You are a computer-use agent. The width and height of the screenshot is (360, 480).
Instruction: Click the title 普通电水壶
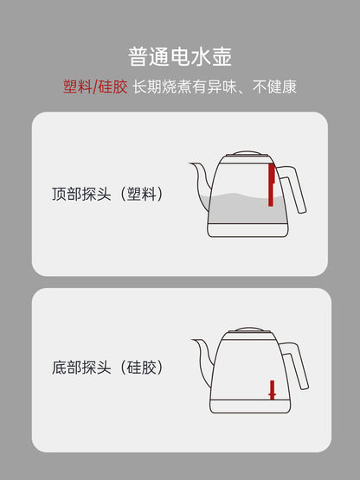pos(180,56)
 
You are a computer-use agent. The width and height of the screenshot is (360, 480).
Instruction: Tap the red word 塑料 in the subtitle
pos(78,86)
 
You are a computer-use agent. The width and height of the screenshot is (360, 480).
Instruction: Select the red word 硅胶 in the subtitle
pos(112,86)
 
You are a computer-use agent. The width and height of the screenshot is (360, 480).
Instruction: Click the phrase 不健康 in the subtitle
pos(274,86)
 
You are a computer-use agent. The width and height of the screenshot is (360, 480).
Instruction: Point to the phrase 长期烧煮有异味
pos(184,86)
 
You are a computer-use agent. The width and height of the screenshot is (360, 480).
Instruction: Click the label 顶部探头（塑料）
pos(107,194)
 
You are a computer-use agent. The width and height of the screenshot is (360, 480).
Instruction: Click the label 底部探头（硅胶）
pos(107,368)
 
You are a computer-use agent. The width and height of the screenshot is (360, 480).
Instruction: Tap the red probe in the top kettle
pos(271,185)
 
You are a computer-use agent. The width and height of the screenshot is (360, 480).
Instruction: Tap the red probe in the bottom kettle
pos(272,390)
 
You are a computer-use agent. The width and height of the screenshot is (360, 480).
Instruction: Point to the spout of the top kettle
pos(201,181)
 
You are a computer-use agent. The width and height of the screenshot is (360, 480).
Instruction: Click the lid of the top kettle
pos(247,153)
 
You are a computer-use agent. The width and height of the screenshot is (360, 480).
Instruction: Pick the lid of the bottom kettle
pos(249,330)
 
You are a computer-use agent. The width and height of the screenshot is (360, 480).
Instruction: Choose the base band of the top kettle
pos(247,230)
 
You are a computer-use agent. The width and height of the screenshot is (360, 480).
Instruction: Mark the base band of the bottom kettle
pos(250,406)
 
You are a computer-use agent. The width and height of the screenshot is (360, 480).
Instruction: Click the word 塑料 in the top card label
pos(142,194)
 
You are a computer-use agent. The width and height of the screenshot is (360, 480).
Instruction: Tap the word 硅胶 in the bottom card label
pos(142,368)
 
